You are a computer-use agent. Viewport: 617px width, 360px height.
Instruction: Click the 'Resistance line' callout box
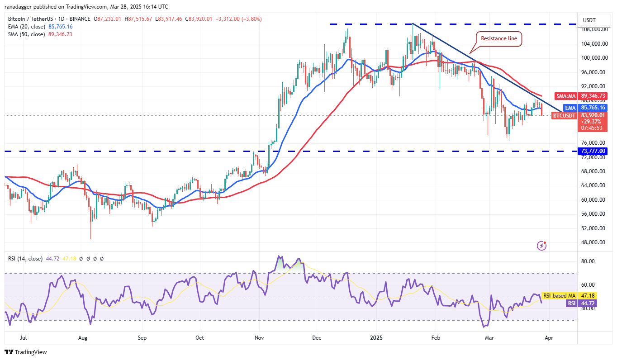pyautogui.click(x=498, y=38)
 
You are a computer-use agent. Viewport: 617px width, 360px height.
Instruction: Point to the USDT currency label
pyautogui.click(x=590, y=20)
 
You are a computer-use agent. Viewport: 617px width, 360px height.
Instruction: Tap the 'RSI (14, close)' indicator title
pyautogui.click(x=25, y=259)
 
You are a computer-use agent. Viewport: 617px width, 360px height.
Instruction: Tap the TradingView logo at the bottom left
pyautogui.click(x=26, y=352)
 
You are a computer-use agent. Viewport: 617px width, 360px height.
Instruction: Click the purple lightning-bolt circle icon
pyautogui.click(x=542, y=246)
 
